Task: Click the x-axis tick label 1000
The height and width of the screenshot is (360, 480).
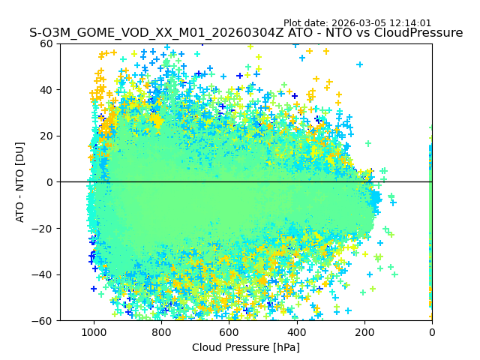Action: (94, 332)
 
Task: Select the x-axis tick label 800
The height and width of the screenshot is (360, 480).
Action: (161, 332)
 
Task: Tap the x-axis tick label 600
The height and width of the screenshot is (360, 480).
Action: (229, 332)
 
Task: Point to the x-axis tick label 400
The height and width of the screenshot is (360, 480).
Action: (297, 332)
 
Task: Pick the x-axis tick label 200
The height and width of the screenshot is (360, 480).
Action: (364, 332)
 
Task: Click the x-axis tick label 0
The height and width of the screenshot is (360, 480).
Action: (432, 332)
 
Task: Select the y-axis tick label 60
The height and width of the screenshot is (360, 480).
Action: (46, 43)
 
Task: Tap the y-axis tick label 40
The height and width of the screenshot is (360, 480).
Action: (46, 90)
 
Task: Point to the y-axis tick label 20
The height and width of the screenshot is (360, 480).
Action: (46, 136)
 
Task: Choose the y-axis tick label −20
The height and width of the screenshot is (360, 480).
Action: (43, 228)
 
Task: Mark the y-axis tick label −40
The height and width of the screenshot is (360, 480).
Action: (43, 274)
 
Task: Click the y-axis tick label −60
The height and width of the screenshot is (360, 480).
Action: (43, 320)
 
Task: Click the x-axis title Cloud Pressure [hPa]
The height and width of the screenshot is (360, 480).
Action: (246, 347)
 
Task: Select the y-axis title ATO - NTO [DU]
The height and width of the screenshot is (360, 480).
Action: (20, 182)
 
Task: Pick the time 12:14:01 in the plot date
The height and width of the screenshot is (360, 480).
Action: (411, 23)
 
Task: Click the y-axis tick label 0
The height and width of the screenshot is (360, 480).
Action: (49, 182)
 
